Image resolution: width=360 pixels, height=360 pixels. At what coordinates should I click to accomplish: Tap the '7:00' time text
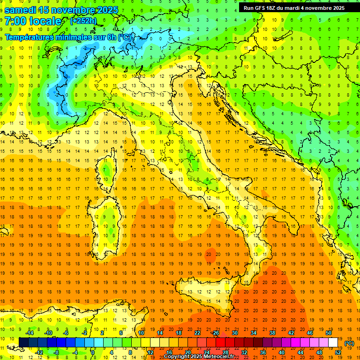tap(15, 21)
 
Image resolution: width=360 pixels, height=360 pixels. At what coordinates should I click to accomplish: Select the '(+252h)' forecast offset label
tap(84, 21)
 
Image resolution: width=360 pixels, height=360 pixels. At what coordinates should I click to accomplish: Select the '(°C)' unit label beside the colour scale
tap(349, 343)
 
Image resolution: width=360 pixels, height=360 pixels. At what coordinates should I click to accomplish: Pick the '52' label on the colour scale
tap(338, 352)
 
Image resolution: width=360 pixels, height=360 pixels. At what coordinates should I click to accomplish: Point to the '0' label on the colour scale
tap(93, 352)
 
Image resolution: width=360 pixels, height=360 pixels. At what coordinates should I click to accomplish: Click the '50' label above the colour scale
tap(328, 333)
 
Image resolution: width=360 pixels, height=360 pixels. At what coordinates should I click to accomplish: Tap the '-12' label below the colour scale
tap(39, 352)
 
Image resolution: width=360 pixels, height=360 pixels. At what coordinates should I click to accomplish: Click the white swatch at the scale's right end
tap(333, 343)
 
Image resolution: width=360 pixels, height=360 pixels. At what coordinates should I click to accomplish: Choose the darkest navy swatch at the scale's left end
tap(24, 343)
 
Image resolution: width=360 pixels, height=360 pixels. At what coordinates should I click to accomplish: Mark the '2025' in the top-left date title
tap(101, 10)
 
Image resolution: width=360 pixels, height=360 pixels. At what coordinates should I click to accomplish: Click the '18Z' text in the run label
tap(275, 8)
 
